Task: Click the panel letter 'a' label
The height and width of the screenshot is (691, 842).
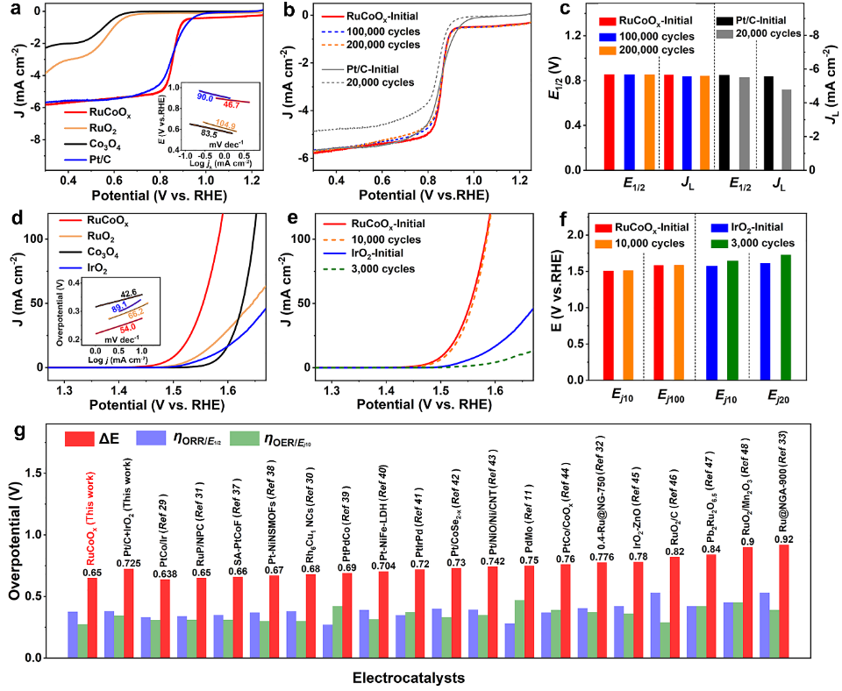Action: point(12,11)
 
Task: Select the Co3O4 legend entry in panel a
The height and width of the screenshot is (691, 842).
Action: point(109,143)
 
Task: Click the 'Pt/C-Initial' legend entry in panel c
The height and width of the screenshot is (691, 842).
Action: point(768,18)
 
